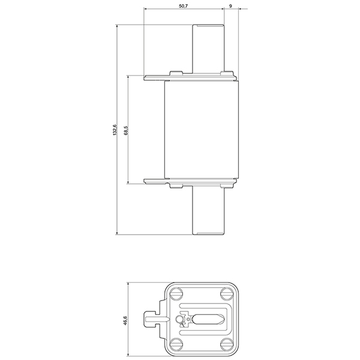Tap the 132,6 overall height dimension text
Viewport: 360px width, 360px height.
[115, 130]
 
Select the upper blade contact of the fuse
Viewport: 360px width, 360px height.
[208, 48]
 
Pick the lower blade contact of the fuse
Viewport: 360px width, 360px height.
[208, 210]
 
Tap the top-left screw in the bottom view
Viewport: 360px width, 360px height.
[176, 294]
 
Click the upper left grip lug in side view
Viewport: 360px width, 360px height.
[154, 77]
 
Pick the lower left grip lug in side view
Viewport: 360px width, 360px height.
[154, 182]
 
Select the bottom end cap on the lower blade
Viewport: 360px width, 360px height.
[208, 232]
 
